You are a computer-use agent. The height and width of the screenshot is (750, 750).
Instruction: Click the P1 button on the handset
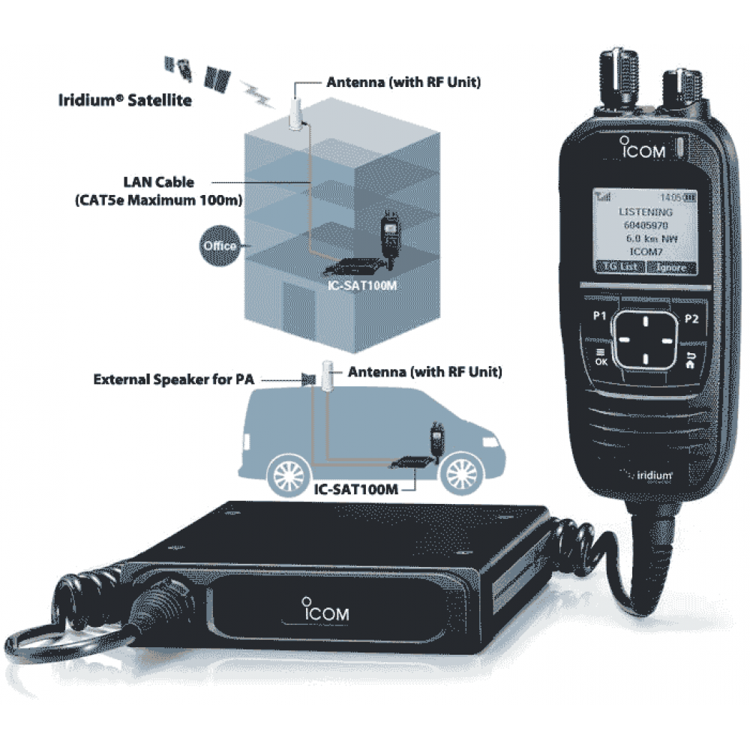tap(599, 317)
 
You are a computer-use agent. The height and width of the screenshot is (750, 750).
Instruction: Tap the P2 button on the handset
tap(691, 319)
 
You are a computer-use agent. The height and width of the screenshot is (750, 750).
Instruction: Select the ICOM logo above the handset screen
tap(643, 148)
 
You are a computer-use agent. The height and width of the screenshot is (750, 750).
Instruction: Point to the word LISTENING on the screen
tap(645, 212)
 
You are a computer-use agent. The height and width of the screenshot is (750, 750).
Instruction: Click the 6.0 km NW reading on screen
tap(645, 238)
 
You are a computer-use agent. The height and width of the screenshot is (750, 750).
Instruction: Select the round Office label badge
tap(219, 246)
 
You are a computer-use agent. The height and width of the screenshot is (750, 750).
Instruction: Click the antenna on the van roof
tap(327, 376)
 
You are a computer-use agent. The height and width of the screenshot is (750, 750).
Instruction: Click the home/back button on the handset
tap(690, 360)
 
